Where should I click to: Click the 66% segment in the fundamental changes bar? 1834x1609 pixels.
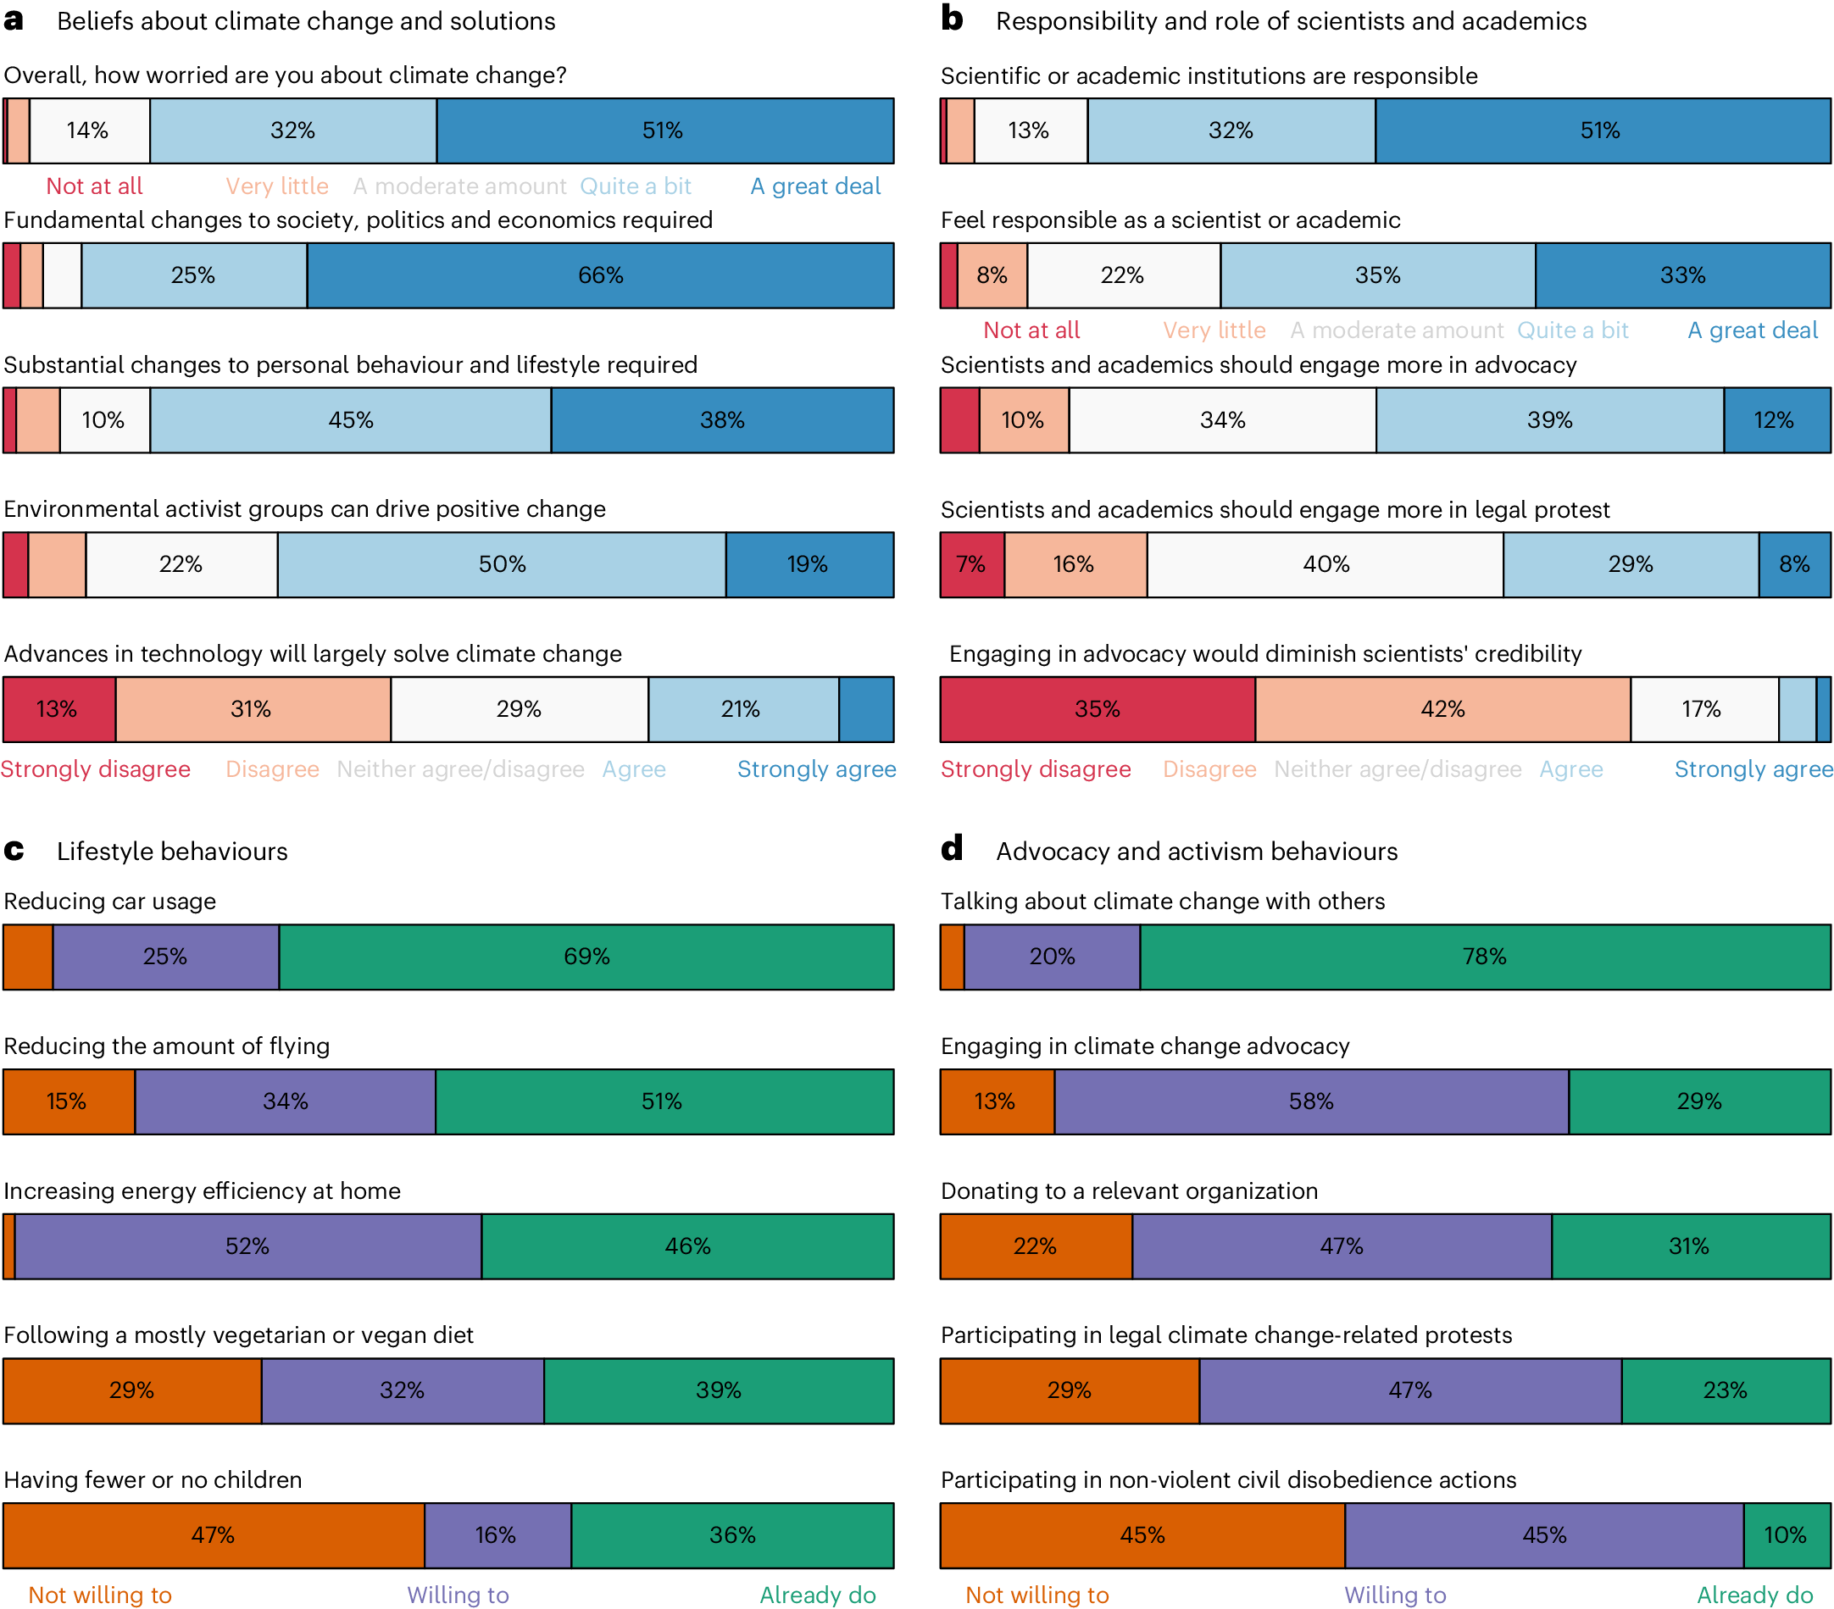600,275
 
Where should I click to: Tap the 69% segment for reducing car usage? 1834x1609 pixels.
586,957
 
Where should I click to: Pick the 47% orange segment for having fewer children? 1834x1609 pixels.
214,1535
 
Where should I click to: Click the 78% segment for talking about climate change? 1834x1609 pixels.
1485,957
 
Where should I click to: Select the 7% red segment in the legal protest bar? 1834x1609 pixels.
972,565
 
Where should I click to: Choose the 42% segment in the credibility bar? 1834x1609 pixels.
1442,709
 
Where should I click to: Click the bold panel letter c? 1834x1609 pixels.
14,850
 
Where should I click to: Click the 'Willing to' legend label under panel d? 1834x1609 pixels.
1395,1595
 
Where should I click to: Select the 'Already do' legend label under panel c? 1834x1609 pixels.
817,1595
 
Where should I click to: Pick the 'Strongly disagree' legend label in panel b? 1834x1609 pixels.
1036,769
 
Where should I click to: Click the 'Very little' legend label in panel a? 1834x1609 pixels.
276,186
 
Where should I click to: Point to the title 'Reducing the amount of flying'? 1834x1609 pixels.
167,1046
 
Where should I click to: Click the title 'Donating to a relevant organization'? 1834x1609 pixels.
1129,1191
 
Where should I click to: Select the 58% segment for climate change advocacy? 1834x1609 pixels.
1312,1101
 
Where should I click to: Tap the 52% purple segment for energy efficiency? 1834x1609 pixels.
247,1246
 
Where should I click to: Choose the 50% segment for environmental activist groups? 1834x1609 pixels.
502,565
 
